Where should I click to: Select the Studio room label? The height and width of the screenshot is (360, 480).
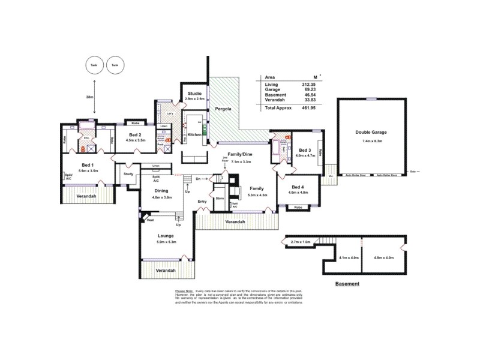click(x=194, y=93)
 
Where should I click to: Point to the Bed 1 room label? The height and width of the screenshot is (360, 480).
click(x=88, y=165)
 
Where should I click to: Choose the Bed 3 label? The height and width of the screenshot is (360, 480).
click(x=305, y=149)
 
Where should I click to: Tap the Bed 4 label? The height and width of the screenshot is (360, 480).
click(x=298, y=187)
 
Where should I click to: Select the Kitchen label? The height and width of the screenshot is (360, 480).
click(x=194, y=135)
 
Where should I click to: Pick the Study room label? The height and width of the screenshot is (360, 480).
click(x=128, y=174)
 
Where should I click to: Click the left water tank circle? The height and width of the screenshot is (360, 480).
click(x=92, y=65)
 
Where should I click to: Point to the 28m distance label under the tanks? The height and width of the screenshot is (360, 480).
click(x=89, y=97)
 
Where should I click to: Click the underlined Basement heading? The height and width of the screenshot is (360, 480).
click(x=347, y=283)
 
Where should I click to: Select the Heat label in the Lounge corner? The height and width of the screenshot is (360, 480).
click(x=149, y=220)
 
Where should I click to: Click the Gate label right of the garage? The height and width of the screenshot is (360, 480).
click(x=413, y=172)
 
